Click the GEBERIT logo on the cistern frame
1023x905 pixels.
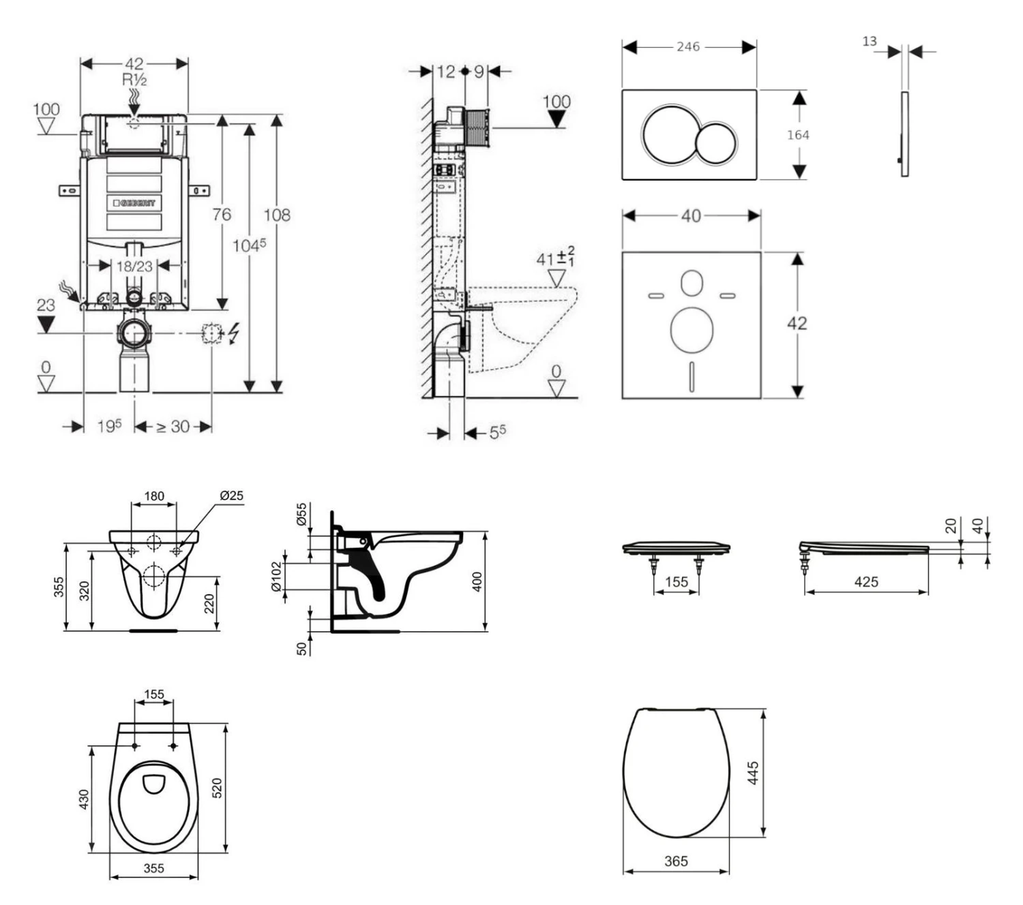pyautogui.click(x=134, y=202)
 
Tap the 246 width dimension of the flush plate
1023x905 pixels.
pyautogui.click(x=688, y=46)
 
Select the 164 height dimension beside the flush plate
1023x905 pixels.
pyautogui.click(x=798, y=135)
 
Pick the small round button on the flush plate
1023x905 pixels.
pyautogui.click(x=716, y=143)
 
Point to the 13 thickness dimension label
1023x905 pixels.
pyautogui.click(x=870, y=42)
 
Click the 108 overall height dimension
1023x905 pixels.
pyautogui.click(x=277, y=215)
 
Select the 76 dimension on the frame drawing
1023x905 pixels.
pyautogui.click(x=222, y=215)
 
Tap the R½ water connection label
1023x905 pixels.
pyautogui.click(x=134, y=80)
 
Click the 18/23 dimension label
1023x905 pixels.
pyautogui.click(x=134, y=266)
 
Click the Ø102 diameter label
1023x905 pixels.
pyautogui.click(x=276, y=577)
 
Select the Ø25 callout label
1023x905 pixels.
pyautogui.click(x=231, y=495)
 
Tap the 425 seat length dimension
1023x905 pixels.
pyautogui.click(x=866, y=582)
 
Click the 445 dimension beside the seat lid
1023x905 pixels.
pyautogui.click(x=754, y=773)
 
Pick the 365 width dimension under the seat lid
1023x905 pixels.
pyautogui.click(x=676, y=861)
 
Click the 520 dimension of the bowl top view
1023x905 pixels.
pyautogui.click(x=218, y=788)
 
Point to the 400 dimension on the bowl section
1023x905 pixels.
pyautogui.click(x=477, y=581)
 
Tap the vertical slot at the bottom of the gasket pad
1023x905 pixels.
pyautogui.click(x=692, y=375)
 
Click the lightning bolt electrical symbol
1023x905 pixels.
pyautogui.click(x=235, y=333)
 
